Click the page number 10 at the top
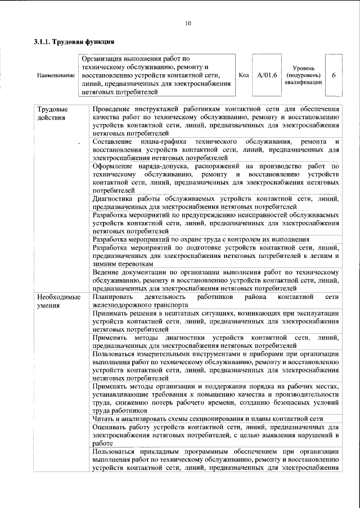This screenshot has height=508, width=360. tap(188, 23)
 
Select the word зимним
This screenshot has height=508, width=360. tap(105, 264)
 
